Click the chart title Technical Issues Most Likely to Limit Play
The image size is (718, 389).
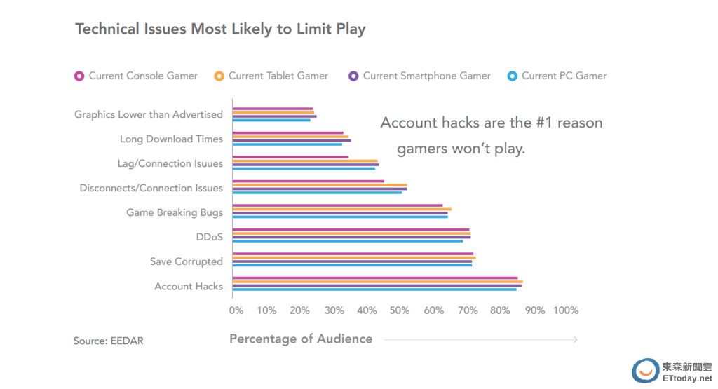coord(220,29)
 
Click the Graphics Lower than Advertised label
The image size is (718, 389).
coord(149,114)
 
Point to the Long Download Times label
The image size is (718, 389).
coord(171,139)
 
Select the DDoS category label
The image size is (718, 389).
coord(210,237)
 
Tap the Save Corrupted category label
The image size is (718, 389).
coord(187,261)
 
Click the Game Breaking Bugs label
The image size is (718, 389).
coord(175,212)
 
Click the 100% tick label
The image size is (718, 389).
coord(565,310)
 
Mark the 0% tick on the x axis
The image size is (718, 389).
coord(236,310)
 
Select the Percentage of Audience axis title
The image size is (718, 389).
coord(301,339)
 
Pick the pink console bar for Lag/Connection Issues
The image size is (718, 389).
coord(290,157)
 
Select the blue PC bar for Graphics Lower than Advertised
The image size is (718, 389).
coord(271,120)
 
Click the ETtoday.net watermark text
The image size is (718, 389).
coord(686,378)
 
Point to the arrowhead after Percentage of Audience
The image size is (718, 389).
coord(575,340)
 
